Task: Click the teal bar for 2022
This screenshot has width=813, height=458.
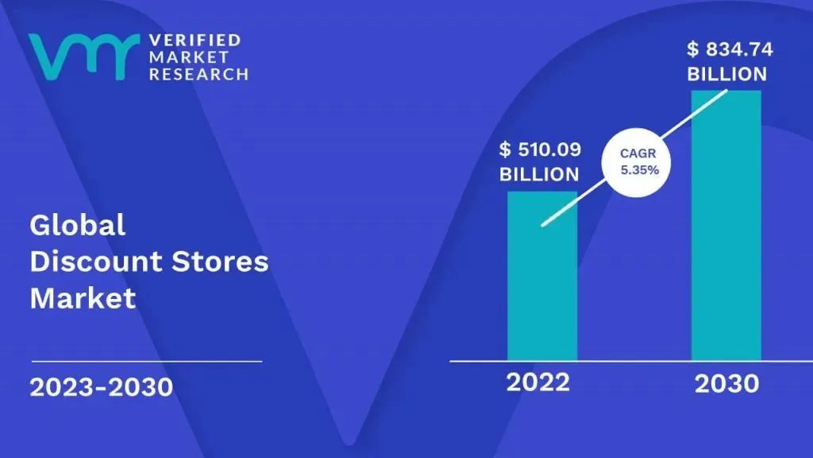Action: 541,276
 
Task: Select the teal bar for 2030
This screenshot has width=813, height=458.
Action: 726,225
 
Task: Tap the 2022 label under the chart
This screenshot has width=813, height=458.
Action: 538,382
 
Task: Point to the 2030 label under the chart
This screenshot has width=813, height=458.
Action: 726,384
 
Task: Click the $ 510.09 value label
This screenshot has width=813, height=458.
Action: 540,149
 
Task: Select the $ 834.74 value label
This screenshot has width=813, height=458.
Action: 730,49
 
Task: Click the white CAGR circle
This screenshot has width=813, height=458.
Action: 636,162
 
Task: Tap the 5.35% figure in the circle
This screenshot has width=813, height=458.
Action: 640,170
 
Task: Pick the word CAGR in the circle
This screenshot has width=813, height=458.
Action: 638,153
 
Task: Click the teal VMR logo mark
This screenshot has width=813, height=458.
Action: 84,56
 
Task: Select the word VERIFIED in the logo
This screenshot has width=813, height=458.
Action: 195,40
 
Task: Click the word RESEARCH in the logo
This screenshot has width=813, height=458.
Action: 198,74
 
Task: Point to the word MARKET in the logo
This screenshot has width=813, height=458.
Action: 189,57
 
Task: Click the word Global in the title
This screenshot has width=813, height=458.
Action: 78,225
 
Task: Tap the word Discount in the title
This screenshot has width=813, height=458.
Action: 96,261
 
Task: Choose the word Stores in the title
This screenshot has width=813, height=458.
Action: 220,261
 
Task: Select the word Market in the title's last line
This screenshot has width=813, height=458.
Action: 83,297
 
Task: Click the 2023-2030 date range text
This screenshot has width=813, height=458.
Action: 101,387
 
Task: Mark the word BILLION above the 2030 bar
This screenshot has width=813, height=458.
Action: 727,74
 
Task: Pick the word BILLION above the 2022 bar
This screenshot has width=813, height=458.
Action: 539,174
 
